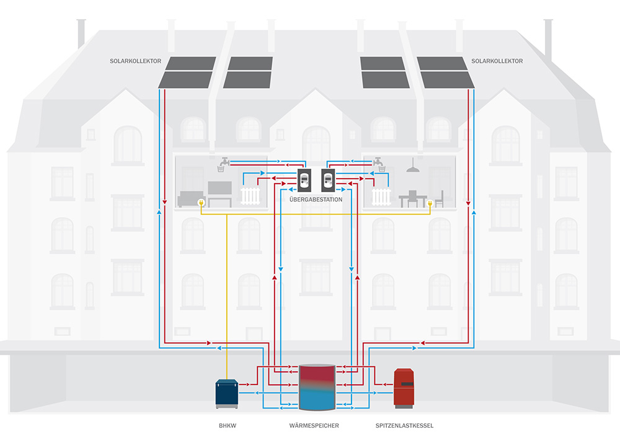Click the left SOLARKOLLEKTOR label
point(135,61)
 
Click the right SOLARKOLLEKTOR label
point(497,61)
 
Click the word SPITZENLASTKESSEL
point(404,426)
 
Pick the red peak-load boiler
point(404,388)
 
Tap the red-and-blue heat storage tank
point(317,387)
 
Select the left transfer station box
point(304,180)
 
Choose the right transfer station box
point(328,180)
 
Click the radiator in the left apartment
point(249,197)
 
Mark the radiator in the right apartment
point(381,197)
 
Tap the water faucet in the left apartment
point(221,164)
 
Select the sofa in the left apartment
point(188,198)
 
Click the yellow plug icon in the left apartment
point(201,203)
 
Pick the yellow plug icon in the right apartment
point(428,203)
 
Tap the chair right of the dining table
point(439,198)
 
